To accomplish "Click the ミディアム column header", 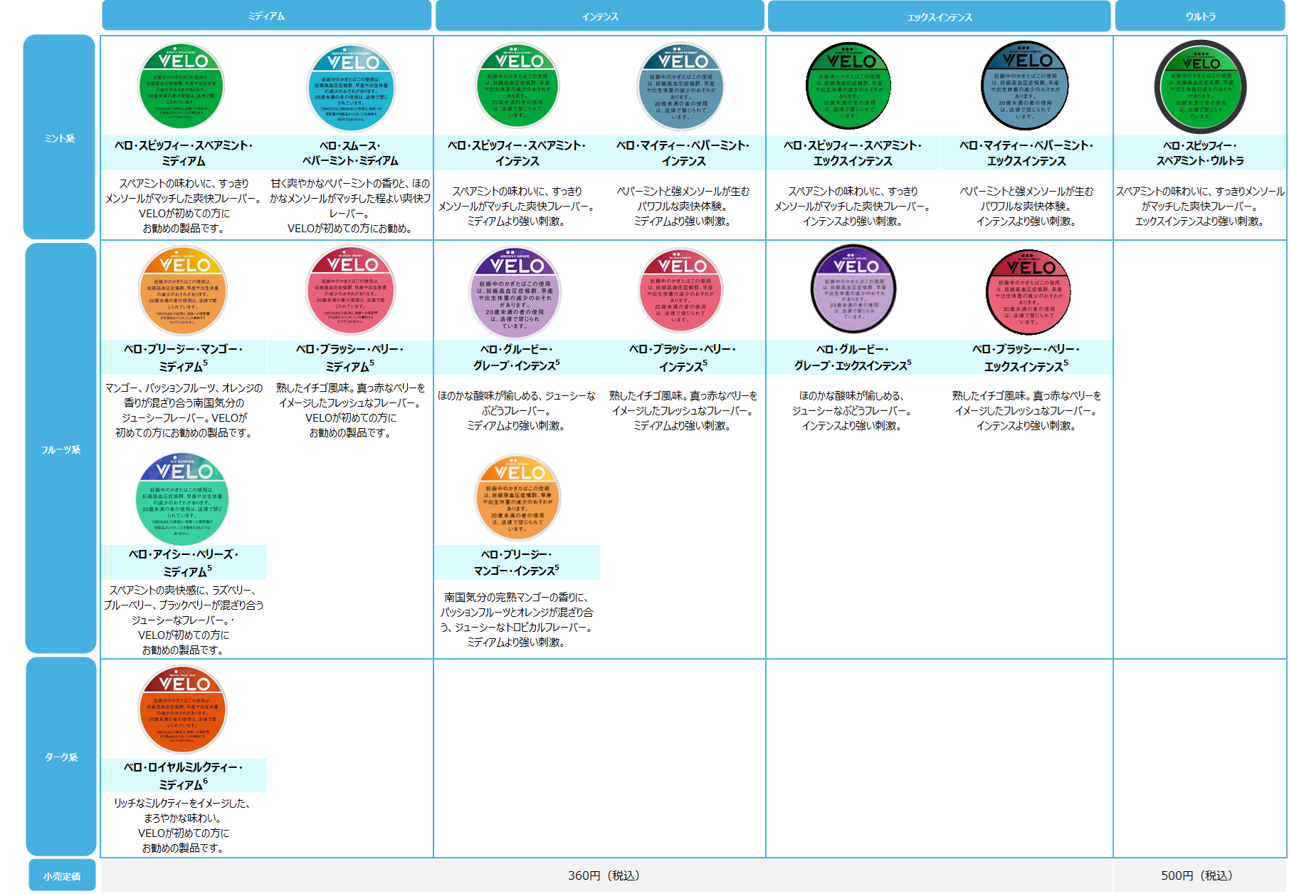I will point(266,16).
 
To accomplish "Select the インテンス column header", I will point(599,16).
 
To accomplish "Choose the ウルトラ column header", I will point(1200,16).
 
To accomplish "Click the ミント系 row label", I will point(59,137).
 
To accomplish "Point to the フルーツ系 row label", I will point(60,449).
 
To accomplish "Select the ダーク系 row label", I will point(61,757).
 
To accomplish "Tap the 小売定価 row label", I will point(62,875).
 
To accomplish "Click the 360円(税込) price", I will point(604,875).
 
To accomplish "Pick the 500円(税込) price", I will point(1196,875).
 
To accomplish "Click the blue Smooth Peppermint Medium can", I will point(351,88).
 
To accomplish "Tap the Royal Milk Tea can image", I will point(183,709).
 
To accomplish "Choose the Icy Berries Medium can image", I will point(182,499).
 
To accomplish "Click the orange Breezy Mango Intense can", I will point(517,498).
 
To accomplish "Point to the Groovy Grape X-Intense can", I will point(853,289).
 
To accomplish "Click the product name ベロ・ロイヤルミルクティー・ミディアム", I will point(184,775).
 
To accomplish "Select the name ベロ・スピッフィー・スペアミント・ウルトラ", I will point(1200,152).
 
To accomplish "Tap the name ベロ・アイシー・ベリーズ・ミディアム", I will point(184,562).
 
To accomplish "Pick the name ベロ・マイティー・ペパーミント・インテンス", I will point(683,152).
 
